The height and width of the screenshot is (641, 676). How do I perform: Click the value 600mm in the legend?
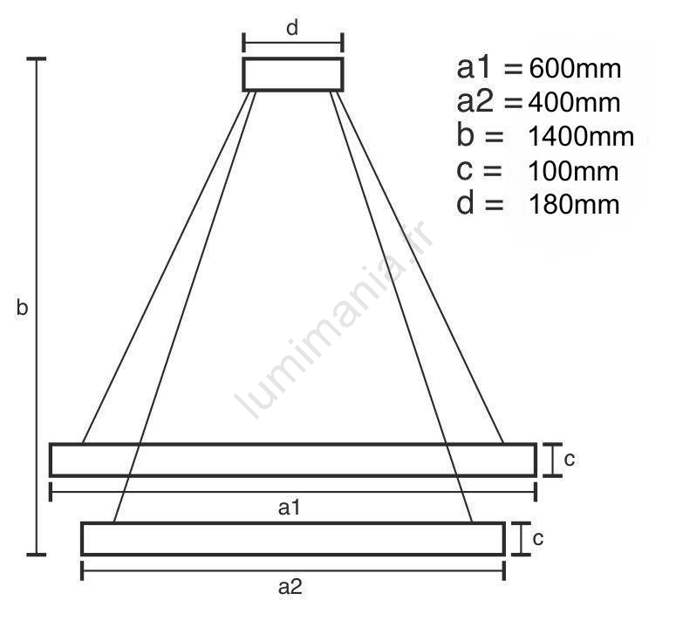click(575, 68)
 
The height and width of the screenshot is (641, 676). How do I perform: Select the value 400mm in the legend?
click(574, 103)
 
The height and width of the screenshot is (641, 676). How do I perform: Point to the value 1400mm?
click(581, 136)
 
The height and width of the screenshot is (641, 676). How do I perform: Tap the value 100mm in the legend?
click(573, 171)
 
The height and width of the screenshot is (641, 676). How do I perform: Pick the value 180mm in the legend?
click(574, 204)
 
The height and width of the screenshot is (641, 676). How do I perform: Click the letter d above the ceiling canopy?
click(292, 28)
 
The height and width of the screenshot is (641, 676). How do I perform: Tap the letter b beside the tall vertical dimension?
click(22, 307)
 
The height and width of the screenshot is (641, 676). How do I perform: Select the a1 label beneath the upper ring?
click(289, 508)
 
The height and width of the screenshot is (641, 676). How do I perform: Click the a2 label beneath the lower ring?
click(290, 587)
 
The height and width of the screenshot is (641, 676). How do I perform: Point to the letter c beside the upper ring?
click(569, 459)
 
